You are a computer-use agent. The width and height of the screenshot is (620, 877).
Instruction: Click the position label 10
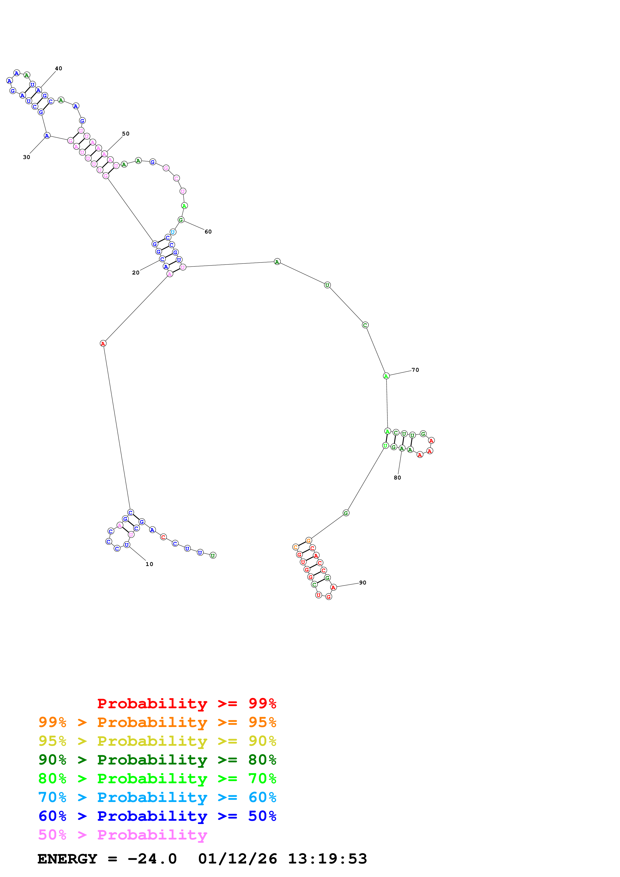tap(149, 564)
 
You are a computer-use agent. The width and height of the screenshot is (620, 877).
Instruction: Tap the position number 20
tap(136, 273)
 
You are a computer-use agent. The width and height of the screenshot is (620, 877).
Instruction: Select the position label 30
tap(26, 157)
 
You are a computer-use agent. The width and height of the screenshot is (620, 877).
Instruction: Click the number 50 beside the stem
tap(126, 134)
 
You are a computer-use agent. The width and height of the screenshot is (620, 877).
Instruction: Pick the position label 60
tap(208, 232)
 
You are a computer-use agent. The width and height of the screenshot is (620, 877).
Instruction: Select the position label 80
tap(397, 478)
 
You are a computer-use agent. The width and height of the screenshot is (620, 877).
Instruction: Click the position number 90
tap(363, 582)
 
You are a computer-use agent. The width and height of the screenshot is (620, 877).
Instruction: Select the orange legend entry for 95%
tap(157, 722)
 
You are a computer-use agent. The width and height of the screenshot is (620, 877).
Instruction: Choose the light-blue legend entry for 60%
tap(157, 797)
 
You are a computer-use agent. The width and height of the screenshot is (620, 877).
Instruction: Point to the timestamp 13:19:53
tap(327, 859)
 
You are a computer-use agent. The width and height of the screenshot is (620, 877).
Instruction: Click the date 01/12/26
tap(238, 859)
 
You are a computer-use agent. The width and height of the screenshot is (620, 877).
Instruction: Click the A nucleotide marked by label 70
tap(386, 376)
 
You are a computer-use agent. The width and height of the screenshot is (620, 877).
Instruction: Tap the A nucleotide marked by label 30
tap(47, 135)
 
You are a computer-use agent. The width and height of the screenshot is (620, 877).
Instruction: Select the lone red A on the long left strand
tap(103, 343)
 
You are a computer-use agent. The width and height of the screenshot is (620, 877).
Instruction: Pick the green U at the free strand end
tap(213, 555)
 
